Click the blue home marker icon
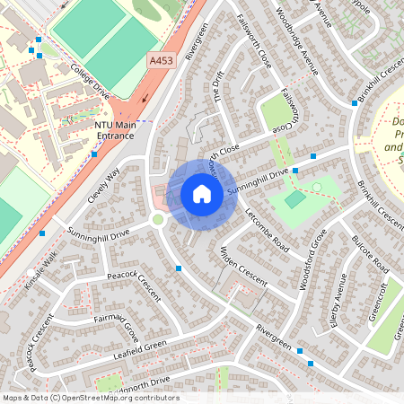click(x=202, y=194)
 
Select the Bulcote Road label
click(x=369, y=255)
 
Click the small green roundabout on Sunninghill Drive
click(x=158, y=219)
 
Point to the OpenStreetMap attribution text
click(x=90, y=398)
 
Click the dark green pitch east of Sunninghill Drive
click(x=295, y=199)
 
